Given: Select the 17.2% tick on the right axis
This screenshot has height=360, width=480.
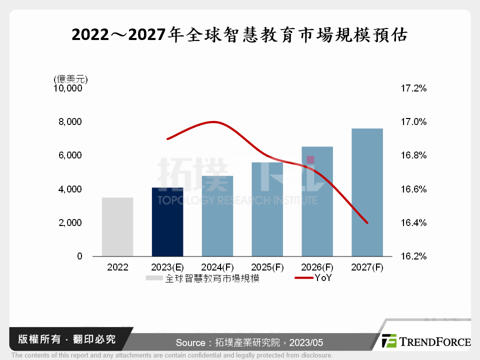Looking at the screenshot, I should click(413, 88).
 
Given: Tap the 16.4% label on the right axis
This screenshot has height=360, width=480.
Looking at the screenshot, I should click(413, 223).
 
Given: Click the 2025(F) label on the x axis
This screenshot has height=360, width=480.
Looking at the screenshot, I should click(267, 267).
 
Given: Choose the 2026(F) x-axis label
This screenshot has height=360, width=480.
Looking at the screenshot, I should click(317, 267).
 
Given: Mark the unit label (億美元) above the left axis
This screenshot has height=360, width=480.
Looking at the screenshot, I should click(70, 79).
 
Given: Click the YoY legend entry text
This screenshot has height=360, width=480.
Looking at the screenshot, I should click(323, 278).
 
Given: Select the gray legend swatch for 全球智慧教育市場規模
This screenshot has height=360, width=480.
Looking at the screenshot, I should click(154, 278).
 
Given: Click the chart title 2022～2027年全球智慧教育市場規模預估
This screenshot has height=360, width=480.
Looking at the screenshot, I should click(239, 34).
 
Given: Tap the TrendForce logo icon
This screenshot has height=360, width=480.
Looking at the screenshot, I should click(389, 341).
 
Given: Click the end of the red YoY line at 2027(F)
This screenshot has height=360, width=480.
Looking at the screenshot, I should click(367, 223).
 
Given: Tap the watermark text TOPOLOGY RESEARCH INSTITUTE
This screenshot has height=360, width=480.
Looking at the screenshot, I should click(237, 200).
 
